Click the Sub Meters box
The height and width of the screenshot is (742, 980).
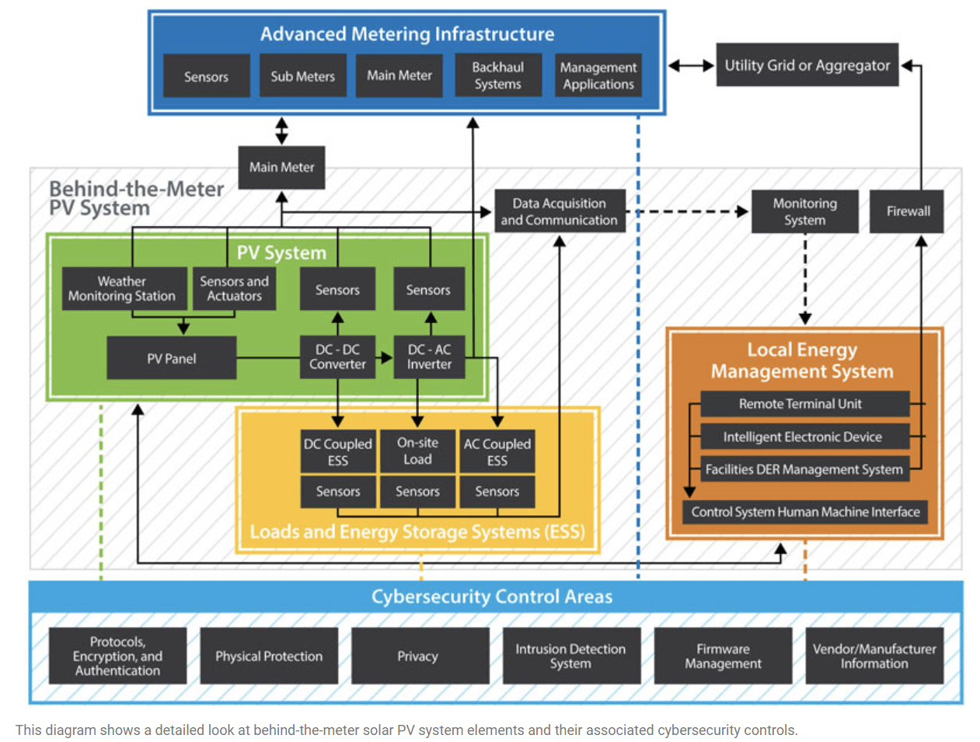click(x=302, y=76)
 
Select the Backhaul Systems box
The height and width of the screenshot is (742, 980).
click(x=497, y=75)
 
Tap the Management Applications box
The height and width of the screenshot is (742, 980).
click(x=598, y=75)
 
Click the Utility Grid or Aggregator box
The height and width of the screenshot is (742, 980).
click(x=807, y=65)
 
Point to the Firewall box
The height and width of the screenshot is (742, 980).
click(x=907, y=211)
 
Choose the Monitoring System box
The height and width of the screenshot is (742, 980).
click(x=804, y=211)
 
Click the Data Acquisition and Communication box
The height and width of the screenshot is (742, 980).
click(x=559, y=211)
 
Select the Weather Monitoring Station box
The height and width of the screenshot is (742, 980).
click(x=123, y=289)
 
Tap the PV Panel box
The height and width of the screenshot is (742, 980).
click(x=171, y=358)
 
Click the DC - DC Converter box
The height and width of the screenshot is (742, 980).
click(x=337, y=357)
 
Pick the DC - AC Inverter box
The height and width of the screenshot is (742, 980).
click(x=429, y=357)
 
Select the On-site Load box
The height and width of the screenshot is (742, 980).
click(x=417, y=451)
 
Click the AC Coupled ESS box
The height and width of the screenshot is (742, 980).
click(x=497, y=451)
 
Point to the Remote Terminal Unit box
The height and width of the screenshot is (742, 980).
click(x=804, y=404)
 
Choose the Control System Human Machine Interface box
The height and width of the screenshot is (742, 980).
click(x=805, y=512)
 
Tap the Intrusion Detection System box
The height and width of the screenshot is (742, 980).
click(x=570, y=656)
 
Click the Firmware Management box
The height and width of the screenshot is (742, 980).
click(x=723, y=656)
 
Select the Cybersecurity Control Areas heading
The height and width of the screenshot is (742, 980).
click(x=491, y=597)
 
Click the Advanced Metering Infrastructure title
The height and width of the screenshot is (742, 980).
click(x=406, y=34)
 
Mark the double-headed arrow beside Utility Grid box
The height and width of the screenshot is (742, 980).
click(x=691, y=66)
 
